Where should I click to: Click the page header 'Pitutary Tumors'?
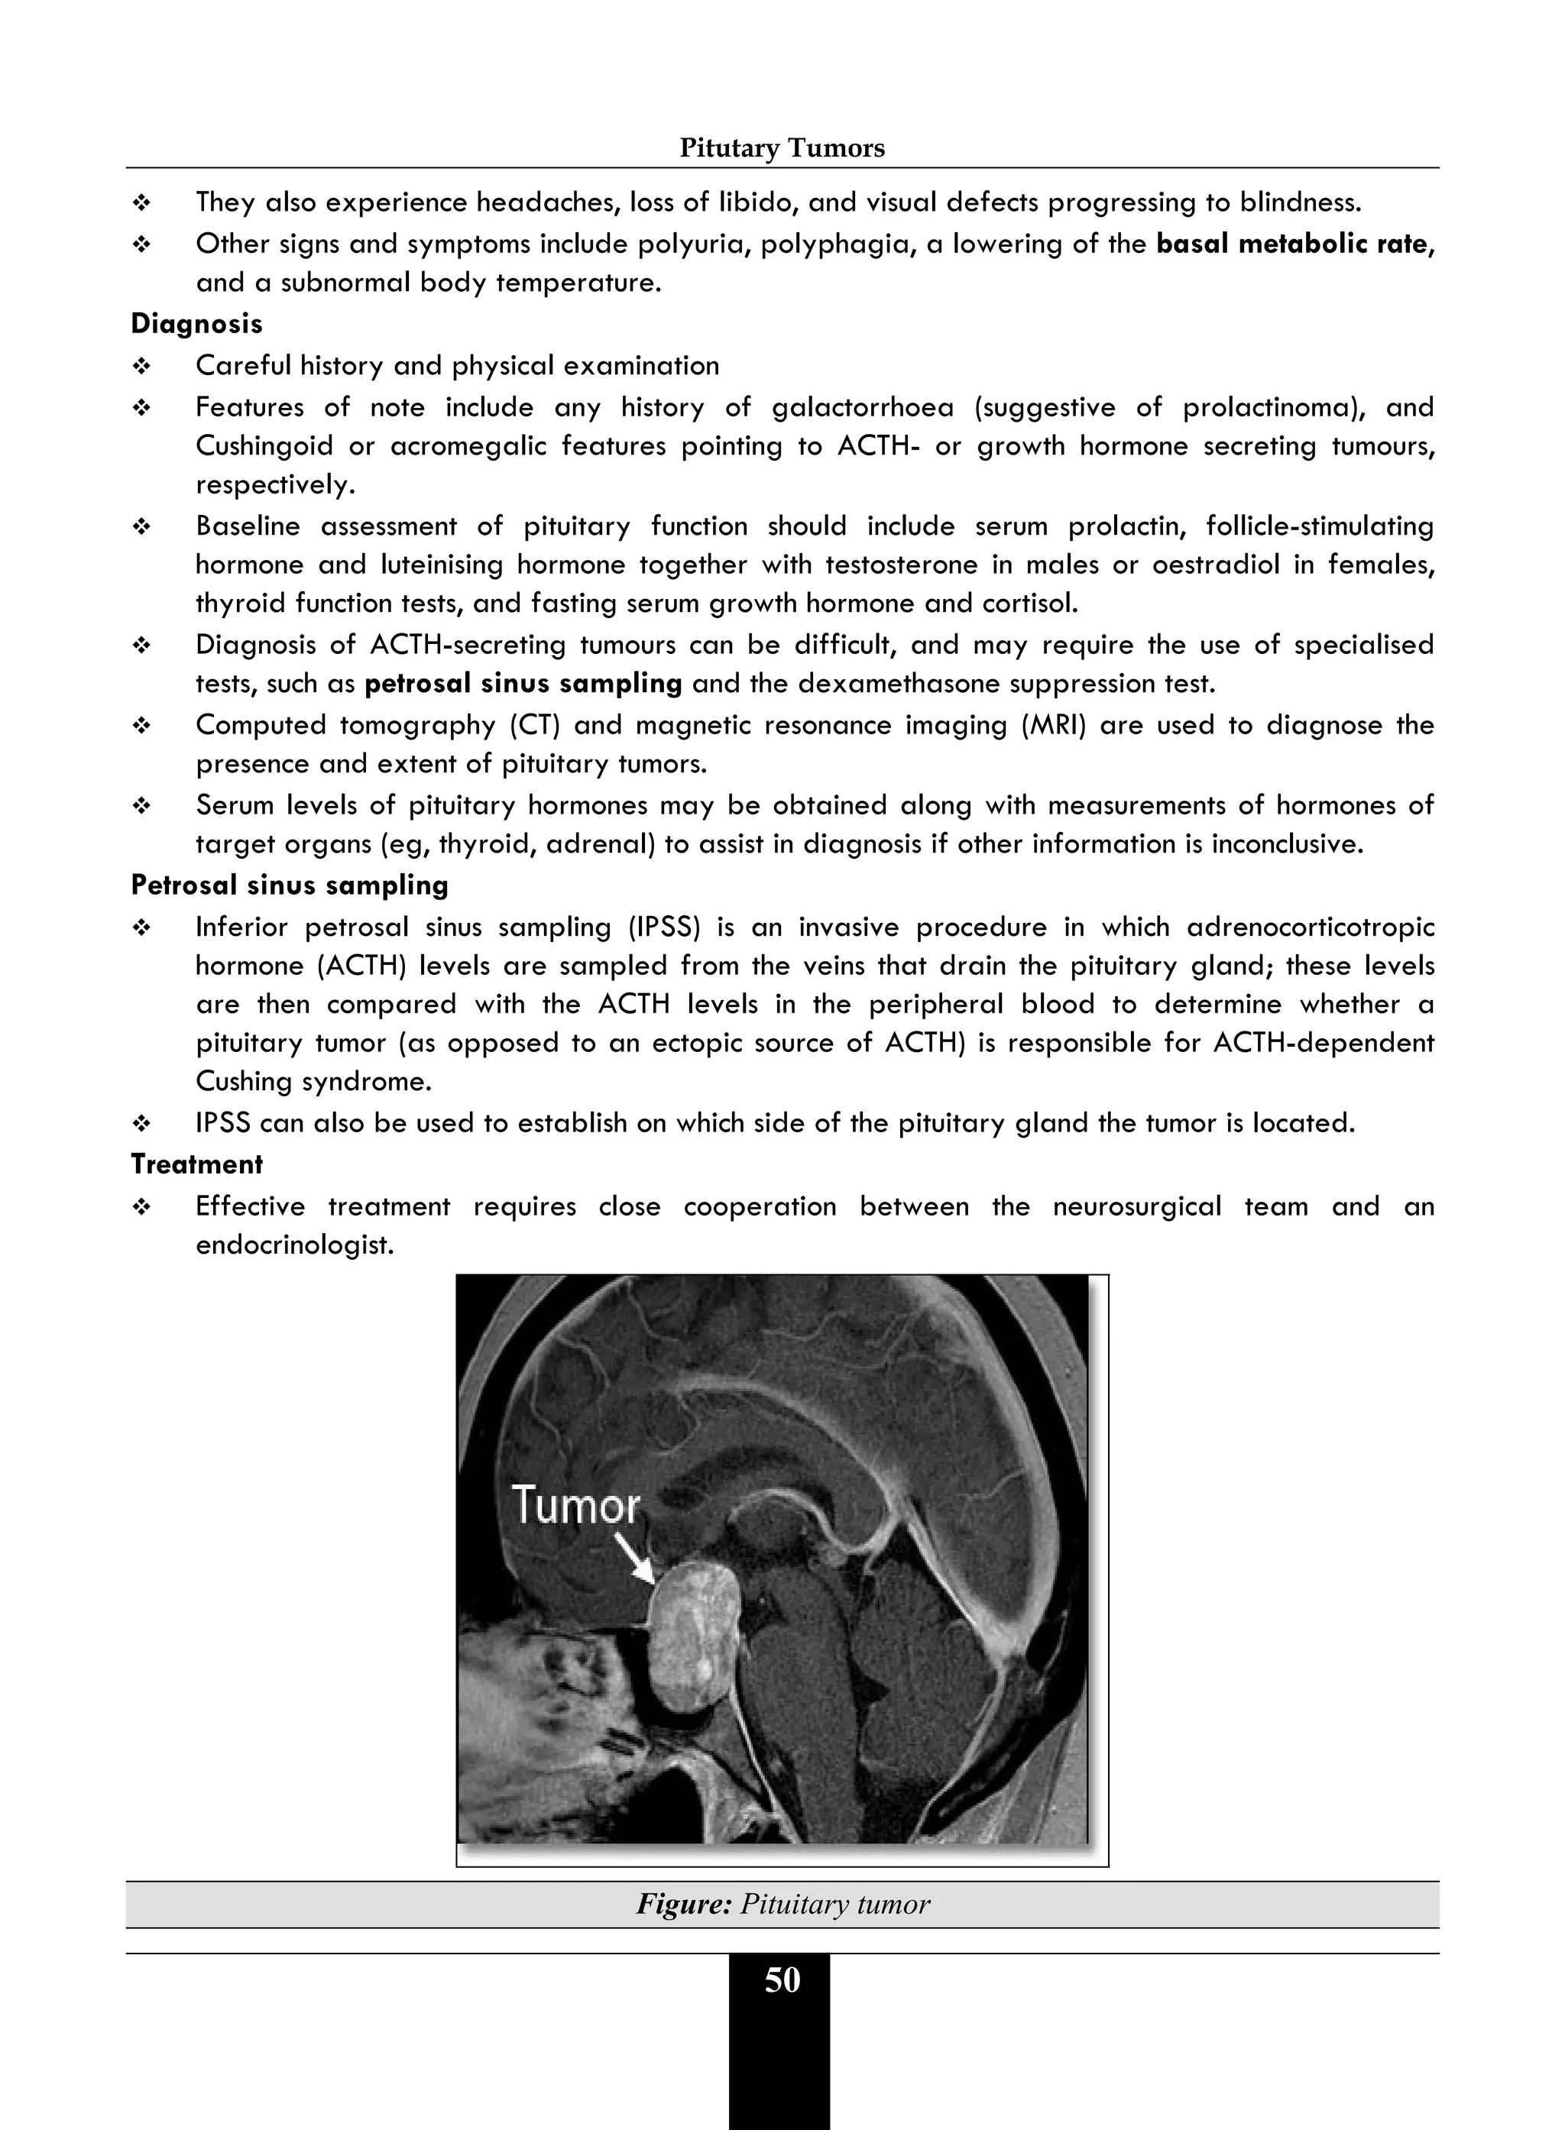pyautogui.click(x=782, y=149)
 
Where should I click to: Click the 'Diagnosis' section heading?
pyautogui.click(x=196, y=324)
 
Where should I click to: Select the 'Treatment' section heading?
pyautogui.click(x=196, y=1164)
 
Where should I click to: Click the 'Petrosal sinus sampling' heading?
pyautogui.click(x=289, y=885)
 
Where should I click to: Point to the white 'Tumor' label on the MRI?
pyautogui.click(x=576, y=1505)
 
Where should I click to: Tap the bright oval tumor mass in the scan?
pyautogui.click(x=695, y=1636)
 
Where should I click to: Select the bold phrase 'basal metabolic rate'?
pyautogui.click(x=1291, y=244)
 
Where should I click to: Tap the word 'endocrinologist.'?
pyautogui.click(x=293, y=1245)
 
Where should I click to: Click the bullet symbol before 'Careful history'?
pyautogui.click(x=142, y=367)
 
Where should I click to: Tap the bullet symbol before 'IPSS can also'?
pyautogui.click(x=142, y=1124)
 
